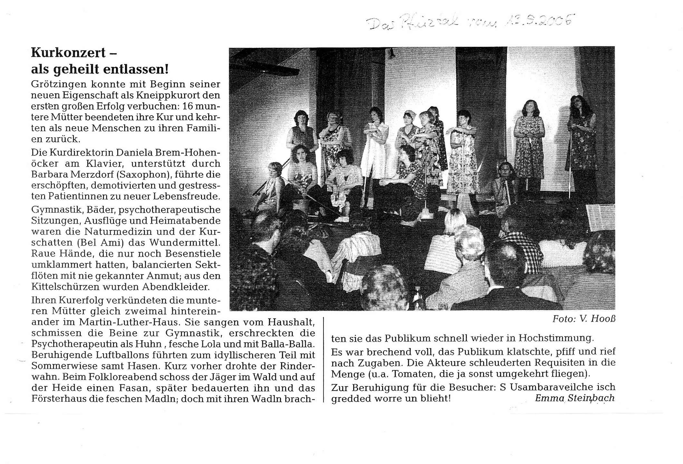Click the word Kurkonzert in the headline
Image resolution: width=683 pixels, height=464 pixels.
pos(68,53)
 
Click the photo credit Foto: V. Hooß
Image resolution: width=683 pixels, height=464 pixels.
pos(583,319)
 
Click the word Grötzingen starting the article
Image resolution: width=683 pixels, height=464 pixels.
pos(59,84)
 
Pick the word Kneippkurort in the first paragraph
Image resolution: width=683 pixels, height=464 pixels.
pos(169,95)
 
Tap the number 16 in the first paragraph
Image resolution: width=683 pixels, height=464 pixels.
pos(189,106)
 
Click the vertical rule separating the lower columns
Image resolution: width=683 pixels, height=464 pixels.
pos(323,359)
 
